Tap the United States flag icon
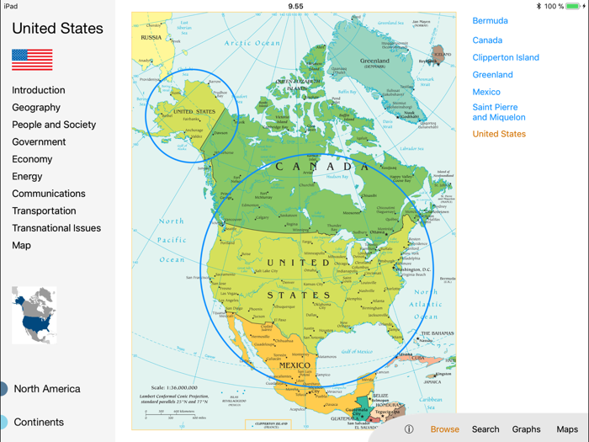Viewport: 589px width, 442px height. click(x=32, y=60)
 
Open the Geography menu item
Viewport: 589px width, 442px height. click(x=36, y=108)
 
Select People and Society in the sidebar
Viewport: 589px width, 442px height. click(x=54, y=125)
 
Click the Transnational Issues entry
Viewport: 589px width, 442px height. click(x=56, y=228)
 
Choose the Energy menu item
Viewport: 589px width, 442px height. click(x=27, y=177)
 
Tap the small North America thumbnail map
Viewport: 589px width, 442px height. click(x=34, y=315)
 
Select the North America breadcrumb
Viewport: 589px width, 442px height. click(x=46, y=389)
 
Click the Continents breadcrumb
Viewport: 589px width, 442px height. click(x=38, y=423)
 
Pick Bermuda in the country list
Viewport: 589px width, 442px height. click(x=490, y=21)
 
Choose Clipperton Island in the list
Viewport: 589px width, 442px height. click(x=506, y=58)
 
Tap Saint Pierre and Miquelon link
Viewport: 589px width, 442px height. click(x=498, y=113)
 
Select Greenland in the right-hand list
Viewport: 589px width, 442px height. click(x=492, y=75)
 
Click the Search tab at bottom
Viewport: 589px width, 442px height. click(x=486, y=429)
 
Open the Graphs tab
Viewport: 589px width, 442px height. click(x=526, y=429)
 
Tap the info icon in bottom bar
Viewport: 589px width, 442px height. click(x=409, y=429)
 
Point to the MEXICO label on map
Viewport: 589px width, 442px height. click(x=300, y=365)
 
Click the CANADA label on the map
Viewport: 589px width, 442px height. click(x=323, y=167)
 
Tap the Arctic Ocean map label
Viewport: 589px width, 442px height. click(x=252, y=43)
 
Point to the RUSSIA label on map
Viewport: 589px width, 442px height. click(x=151, y=38)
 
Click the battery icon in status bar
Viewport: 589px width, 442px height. click(x=575, y=6)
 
